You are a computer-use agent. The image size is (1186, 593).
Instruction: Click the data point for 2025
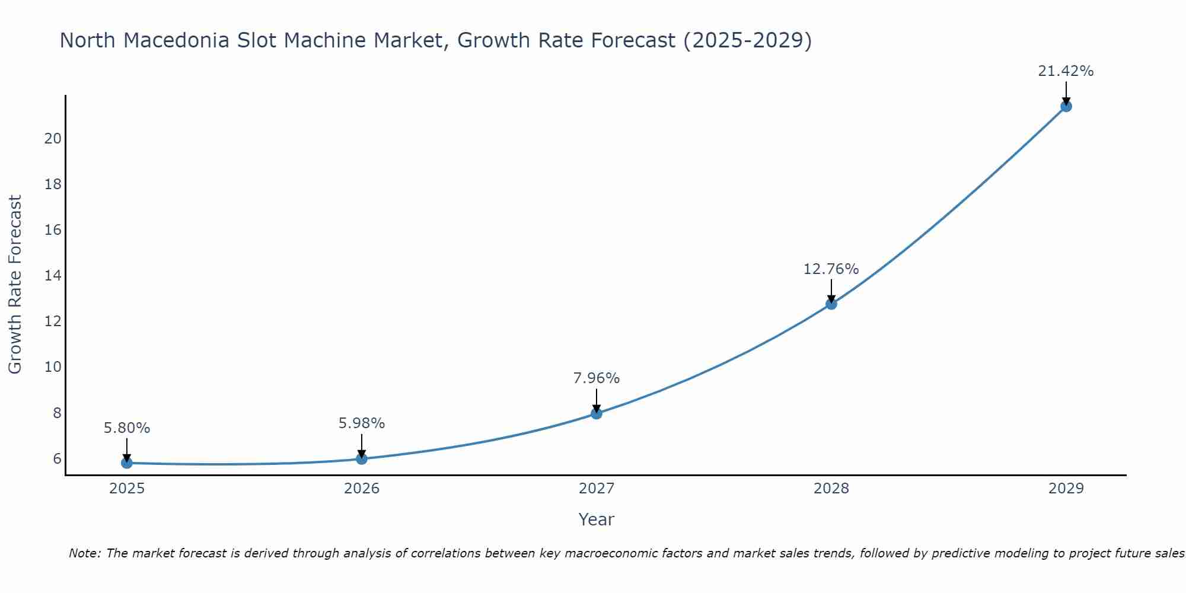tap(127, 463)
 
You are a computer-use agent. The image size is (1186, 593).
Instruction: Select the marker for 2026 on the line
tap(362, 458)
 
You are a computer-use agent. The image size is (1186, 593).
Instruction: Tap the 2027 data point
tap(597, 413)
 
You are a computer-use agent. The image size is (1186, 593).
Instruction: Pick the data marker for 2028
tap(831, 304)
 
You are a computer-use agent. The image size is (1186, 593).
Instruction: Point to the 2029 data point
tap(1066, 106)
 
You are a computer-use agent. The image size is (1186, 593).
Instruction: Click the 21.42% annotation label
tap(1066, 71)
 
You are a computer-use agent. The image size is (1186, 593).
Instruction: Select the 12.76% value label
tap(831, 269)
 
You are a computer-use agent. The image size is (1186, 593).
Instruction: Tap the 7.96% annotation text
tap(596, 378)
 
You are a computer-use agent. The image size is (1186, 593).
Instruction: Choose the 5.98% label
tap(362, 423)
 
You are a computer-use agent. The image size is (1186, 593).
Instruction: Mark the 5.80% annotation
tap(127, 428)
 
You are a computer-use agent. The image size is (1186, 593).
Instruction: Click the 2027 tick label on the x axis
tap(597, 489)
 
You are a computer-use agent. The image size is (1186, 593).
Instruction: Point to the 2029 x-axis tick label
tap(1066, 489)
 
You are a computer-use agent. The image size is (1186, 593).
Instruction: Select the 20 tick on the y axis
tap(53, 138)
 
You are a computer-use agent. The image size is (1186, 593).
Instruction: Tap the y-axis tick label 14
tap(53, 275)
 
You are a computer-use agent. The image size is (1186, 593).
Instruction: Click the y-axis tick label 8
tap(57, 413)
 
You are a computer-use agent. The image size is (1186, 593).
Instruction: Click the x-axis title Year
tap(596, 519)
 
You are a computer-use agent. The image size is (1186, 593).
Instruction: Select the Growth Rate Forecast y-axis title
tap(15, 285)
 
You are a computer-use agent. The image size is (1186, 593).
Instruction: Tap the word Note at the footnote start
tap(85, 553)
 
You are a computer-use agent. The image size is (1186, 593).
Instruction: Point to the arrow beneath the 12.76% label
tap(831, 291)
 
